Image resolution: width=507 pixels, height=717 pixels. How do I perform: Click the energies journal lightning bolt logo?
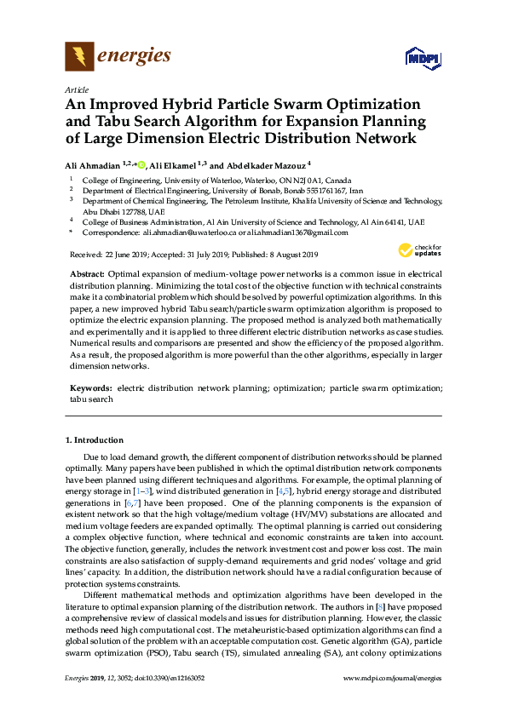click(79, 57)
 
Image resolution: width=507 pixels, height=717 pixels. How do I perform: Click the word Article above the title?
click(76, 89)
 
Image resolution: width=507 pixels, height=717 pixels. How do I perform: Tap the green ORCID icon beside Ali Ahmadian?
click(141, 164)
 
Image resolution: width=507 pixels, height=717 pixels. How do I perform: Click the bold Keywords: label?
click(91, 387)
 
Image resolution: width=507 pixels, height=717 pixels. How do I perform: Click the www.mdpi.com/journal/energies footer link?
click(392, 678)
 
